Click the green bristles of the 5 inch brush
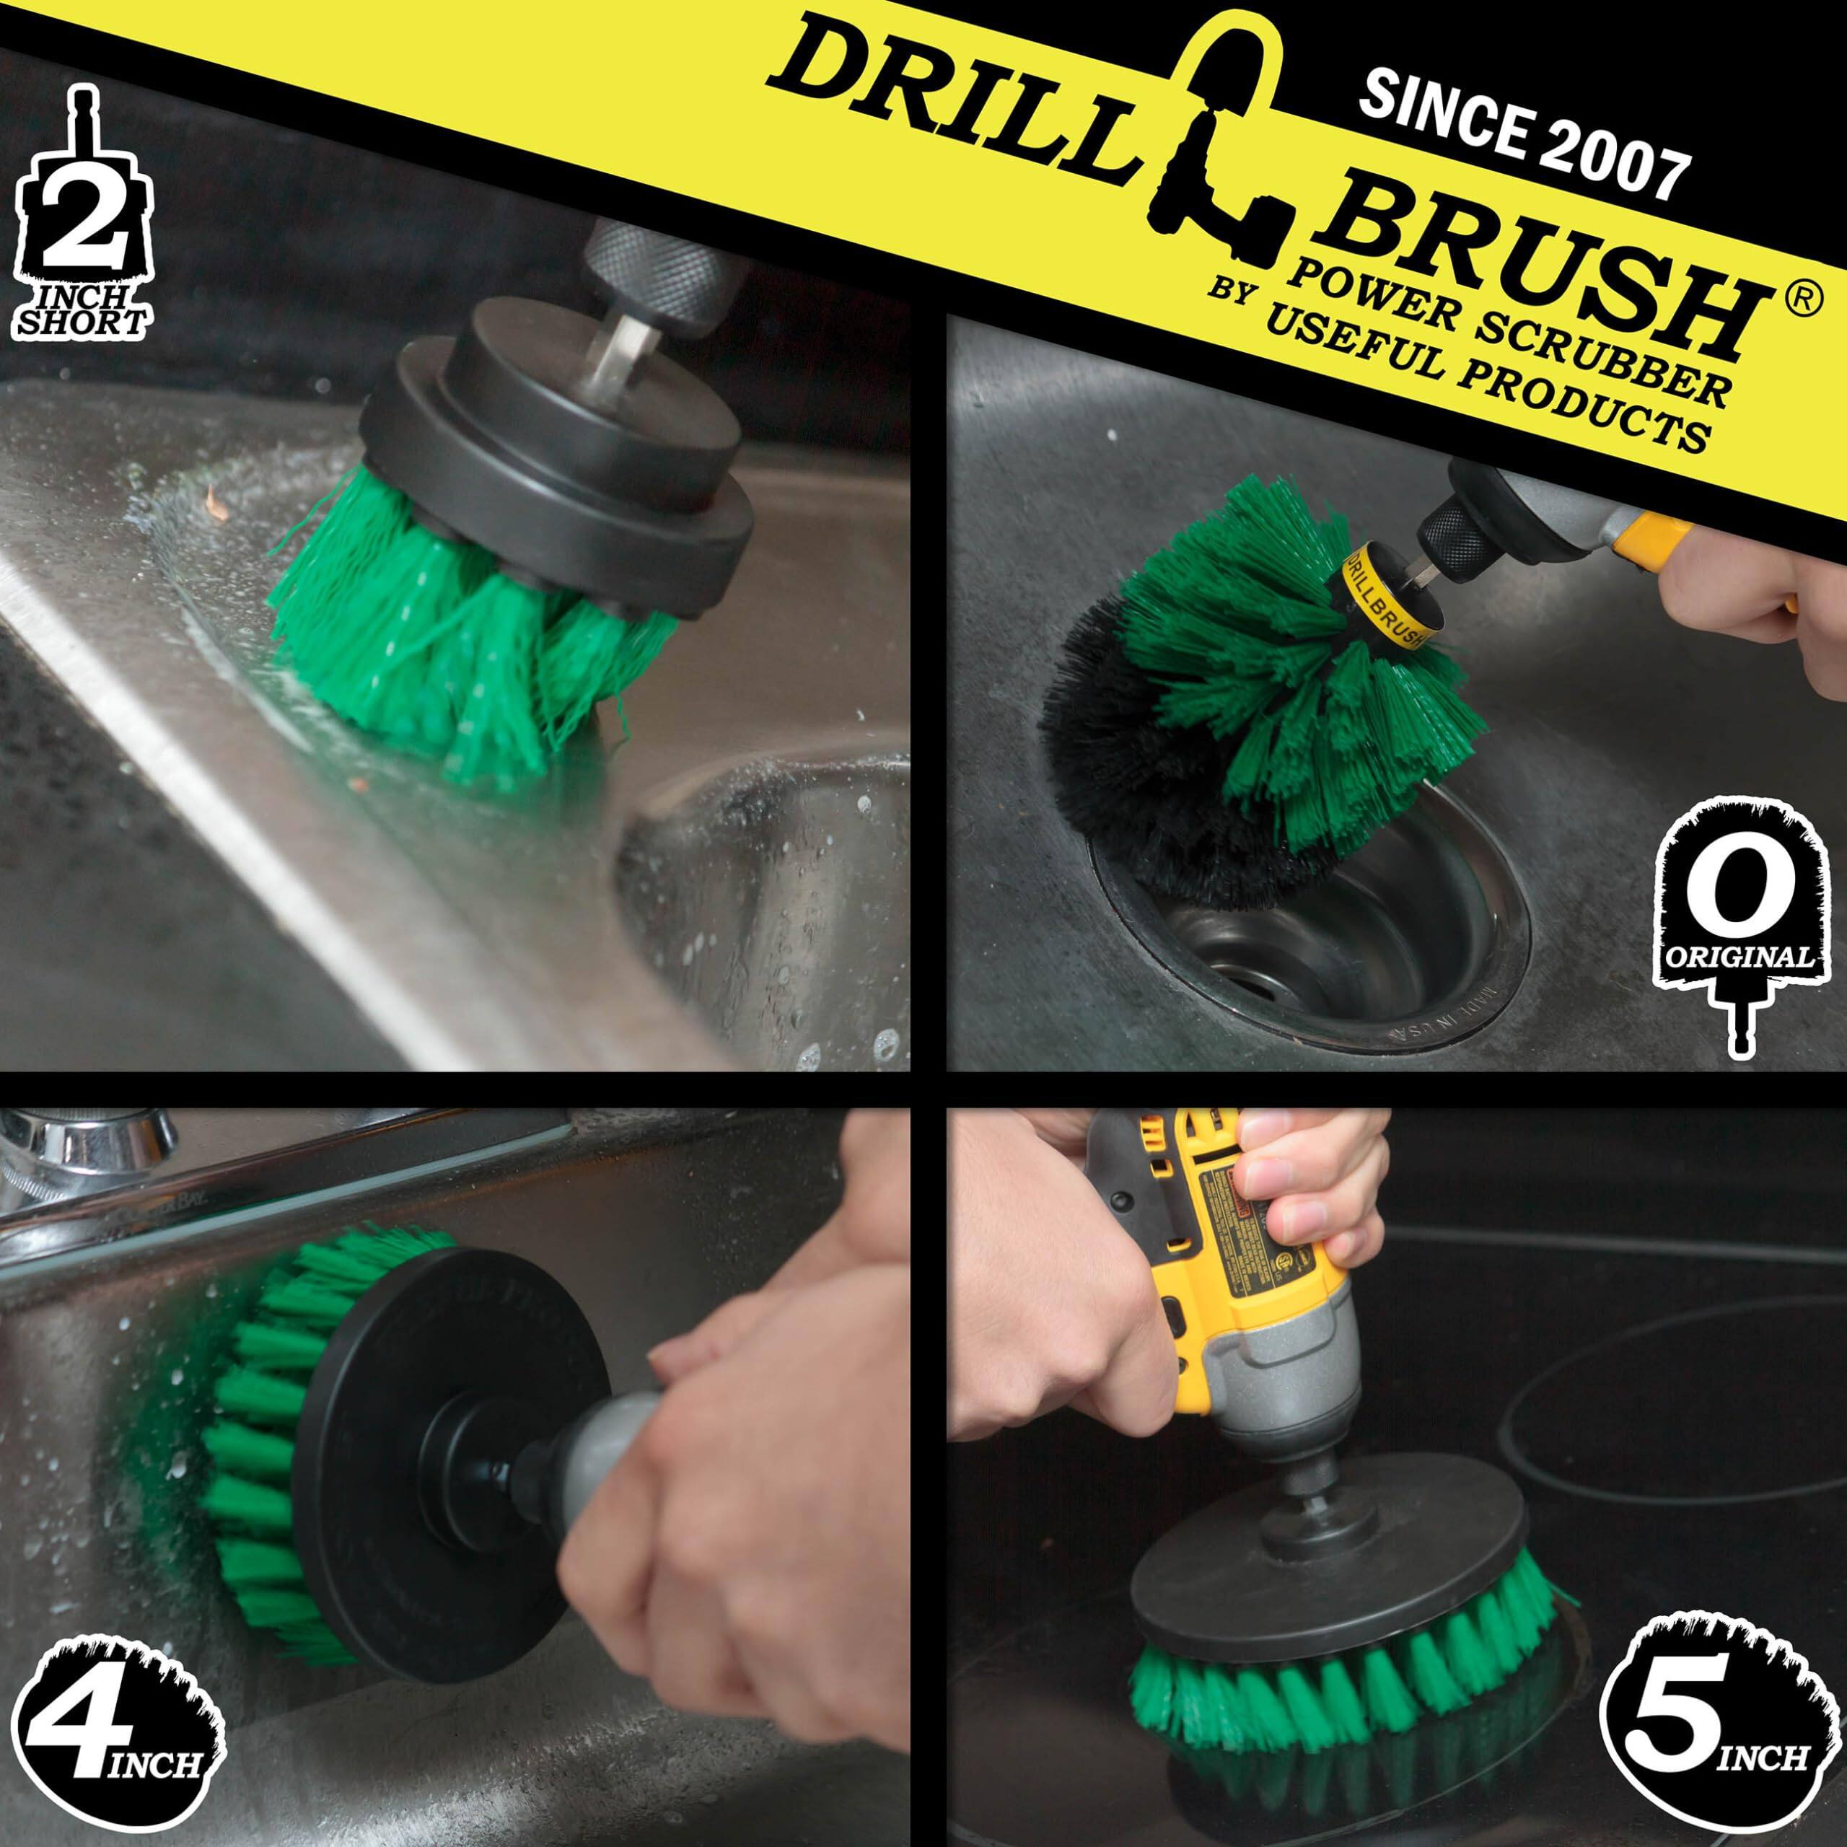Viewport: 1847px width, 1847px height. tap(1338, 1664)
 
